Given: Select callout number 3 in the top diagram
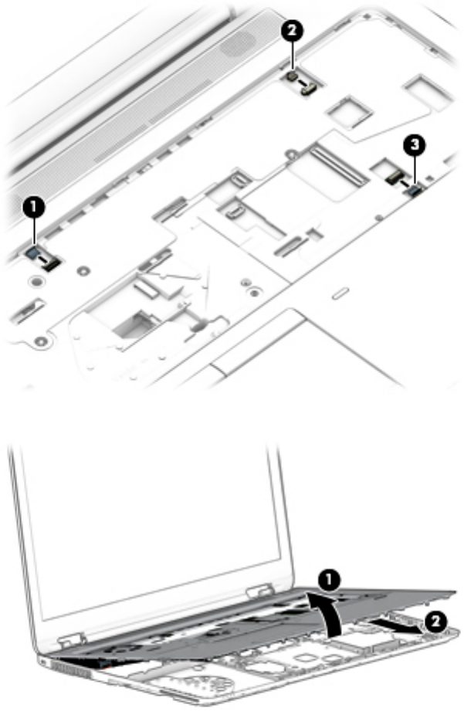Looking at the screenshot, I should (x=415, y=143).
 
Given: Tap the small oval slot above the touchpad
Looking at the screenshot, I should (x=337, y=293).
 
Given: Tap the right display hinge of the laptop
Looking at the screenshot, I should (x=256, y=591).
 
